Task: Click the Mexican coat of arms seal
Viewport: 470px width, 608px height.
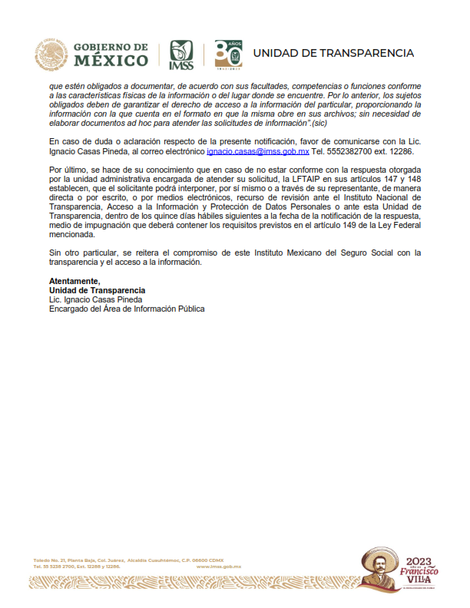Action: click(51, 55)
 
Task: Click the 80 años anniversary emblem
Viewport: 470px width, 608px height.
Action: click(227, 54)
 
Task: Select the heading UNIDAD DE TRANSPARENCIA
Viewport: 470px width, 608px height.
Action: click(333, 53)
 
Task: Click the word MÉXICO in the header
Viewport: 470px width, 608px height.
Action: click(112, 61)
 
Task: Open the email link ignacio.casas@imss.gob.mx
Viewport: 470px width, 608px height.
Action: click(258, 152)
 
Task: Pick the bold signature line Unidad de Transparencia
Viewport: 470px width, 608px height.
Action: click(97, 269)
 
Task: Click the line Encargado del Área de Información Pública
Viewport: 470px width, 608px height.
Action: click(127, 287)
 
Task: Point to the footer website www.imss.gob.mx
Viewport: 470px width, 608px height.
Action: click(220, 566)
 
